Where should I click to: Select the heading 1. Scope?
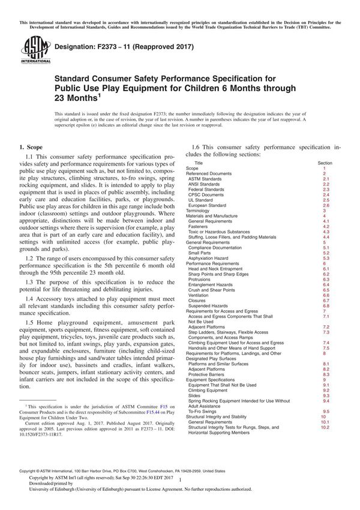[x=32, y=146]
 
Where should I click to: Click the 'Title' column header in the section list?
[x=199, y=163]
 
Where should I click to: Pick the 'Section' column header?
[x=325, y=163]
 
